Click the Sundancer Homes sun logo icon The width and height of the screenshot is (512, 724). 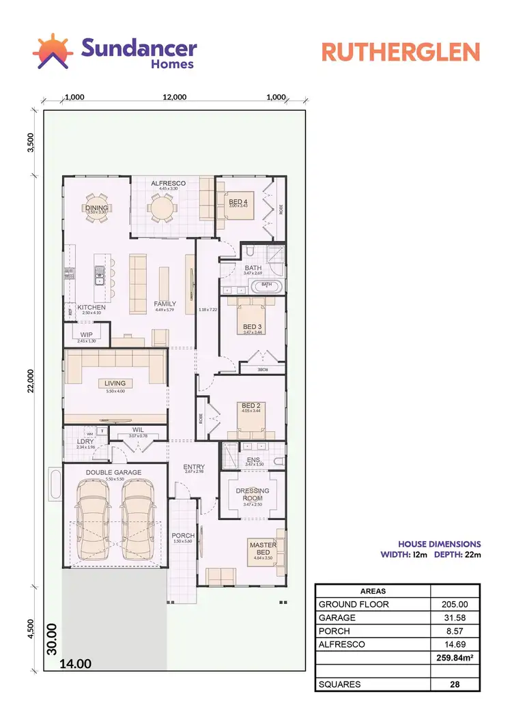53,52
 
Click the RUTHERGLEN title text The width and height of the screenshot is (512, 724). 401,53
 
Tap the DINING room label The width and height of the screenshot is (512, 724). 97,207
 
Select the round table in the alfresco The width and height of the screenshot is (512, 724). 162,207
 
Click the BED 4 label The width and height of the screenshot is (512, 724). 238,202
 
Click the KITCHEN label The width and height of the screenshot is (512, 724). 91,308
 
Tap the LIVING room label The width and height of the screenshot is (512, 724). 115,383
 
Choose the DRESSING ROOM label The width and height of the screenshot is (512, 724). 252,494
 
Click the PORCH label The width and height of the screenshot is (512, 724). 182,535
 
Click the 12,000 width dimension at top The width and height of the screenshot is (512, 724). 175,97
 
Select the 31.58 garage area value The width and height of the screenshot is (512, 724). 455,618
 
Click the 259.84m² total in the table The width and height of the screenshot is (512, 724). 455,657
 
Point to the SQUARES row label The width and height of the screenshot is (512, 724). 339,684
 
